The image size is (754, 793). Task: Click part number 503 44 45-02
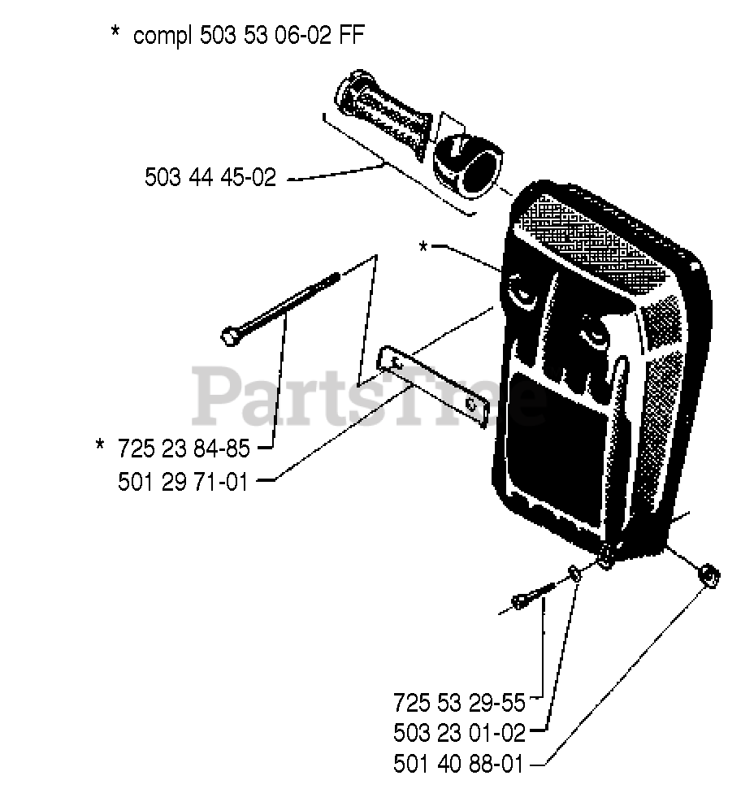pyautogui.click(x=210, y=177)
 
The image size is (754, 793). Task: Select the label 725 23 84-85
pyautogui.click(x=183, y=448)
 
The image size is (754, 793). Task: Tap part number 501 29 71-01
pyautogui.click(x=183, y=482)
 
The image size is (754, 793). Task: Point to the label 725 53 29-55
pyautogui.click(x=459, y=700)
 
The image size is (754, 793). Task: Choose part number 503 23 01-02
pyautogui.click(x=459, y=733)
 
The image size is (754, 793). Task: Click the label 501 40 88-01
pyautogui.click(x=459, y=765)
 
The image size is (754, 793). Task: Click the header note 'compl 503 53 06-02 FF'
pyautogui.click(x=255, y=36)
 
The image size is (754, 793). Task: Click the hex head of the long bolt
pyautogui.click(x=230, y=334)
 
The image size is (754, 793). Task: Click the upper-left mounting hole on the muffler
pyautogui.click(x=518, y=288)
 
